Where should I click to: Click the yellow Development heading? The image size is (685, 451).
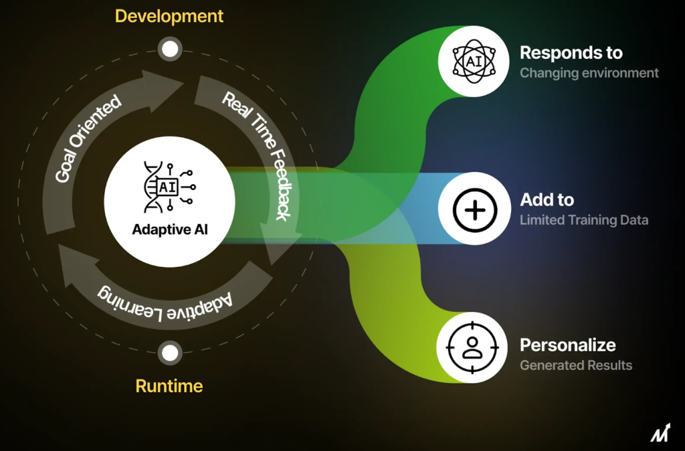point(169,16)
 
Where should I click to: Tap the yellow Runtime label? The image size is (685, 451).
point(169,386)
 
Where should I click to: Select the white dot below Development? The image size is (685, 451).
point(170,48)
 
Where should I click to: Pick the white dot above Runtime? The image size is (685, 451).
point(170,353)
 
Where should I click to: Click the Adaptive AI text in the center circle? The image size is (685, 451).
point(169,229)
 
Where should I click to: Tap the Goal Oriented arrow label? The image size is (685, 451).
point(88,138)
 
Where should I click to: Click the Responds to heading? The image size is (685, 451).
point(571,53)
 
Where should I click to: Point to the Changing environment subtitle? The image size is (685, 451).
point(589,73)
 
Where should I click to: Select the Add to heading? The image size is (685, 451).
point(547,199)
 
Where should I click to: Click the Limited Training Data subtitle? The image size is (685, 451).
point(583,219)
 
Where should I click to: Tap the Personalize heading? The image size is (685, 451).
point(567,345)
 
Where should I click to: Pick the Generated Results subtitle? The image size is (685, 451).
point(575,365)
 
